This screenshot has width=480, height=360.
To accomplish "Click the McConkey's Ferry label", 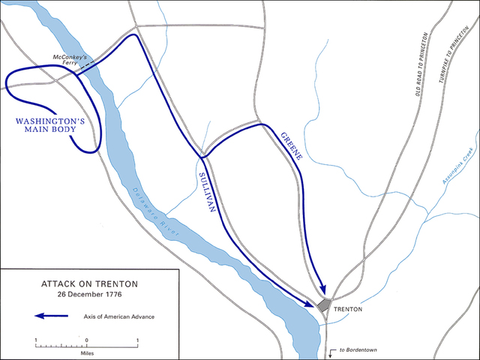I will pyautogui.click(x=70, y=59).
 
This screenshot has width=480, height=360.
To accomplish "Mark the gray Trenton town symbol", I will pyautogui.click(x=325, y=306).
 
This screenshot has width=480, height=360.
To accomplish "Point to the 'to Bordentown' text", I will pyautogui.click(x=356, y=350).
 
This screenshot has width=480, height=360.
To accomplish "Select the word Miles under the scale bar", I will pyautogui.click(x=86, y=349).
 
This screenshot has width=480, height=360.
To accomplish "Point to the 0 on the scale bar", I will pyautogui.click(x=86, y=340).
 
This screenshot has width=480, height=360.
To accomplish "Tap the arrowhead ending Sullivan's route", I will pyautogui.click(x=311, y=304).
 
